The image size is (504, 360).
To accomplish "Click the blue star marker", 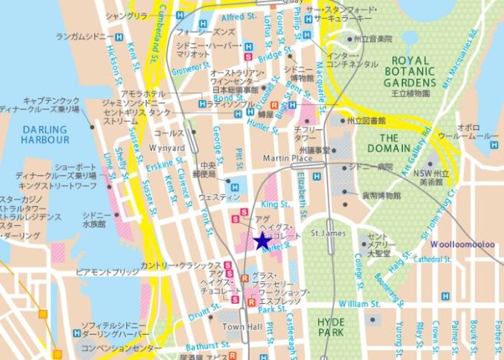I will [261, 241].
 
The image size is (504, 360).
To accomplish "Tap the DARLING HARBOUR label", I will [44, 134].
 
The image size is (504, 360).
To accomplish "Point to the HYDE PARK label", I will [331, 327].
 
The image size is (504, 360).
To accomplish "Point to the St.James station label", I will [327, 234].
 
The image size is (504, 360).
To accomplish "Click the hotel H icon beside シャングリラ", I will [181, 15].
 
